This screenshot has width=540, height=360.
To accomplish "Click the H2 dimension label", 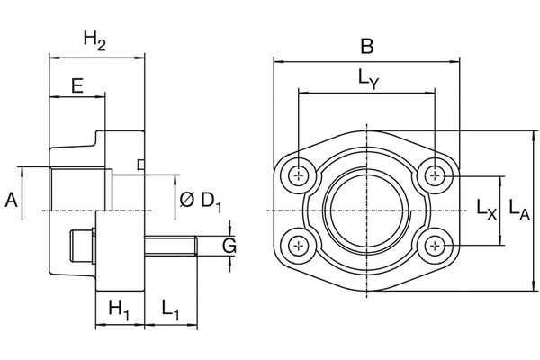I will (x=94, y=39).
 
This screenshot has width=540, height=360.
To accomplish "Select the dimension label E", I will (x=76, y=86).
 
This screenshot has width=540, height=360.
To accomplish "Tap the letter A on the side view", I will (x=12, y=200).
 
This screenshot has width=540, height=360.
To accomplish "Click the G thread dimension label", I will (x=229, y=246).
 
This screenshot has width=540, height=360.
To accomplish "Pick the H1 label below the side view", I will (x=119, y=309).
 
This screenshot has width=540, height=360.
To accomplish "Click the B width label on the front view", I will (x=366, y=46).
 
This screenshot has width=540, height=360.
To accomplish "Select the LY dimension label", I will (x=368, y=79).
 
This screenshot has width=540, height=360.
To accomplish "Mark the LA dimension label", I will (x=518, y=210).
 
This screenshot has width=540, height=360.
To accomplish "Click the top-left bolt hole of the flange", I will (x=298, y=175).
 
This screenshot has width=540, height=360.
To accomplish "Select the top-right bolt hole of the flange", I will (x=436, y=175).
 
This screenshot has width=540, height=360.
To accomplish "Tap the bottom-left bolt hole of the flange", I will (x=298, y=245).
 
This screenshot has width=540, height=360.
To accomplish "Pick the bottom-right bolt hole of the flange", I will (x=436, y=245).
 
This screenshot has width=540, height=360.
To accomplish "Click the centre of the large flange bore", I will (x=367, y=210).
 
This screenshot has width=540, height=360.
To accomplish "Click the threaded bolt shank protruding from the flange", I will (x=171, y=246).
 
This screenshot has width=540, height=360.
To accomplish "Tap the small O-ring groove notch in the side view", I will (x=139, y=164).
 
